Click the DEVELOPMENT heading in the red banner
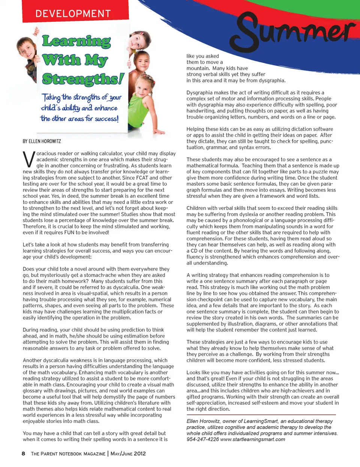point(73,14)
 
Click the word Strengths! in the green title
point(83,79)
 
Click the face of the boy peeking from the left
point(27,49)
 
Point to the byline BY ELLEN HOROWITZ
point(42,141)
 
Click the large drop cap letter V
point(29,159)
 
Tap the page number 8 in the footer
point(23,453)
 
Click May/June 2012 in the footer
point(128,453)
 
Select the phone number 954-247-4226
point(202,439)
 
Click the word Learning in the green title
point(76,41)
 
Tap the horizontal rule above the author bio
point(261,415)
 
